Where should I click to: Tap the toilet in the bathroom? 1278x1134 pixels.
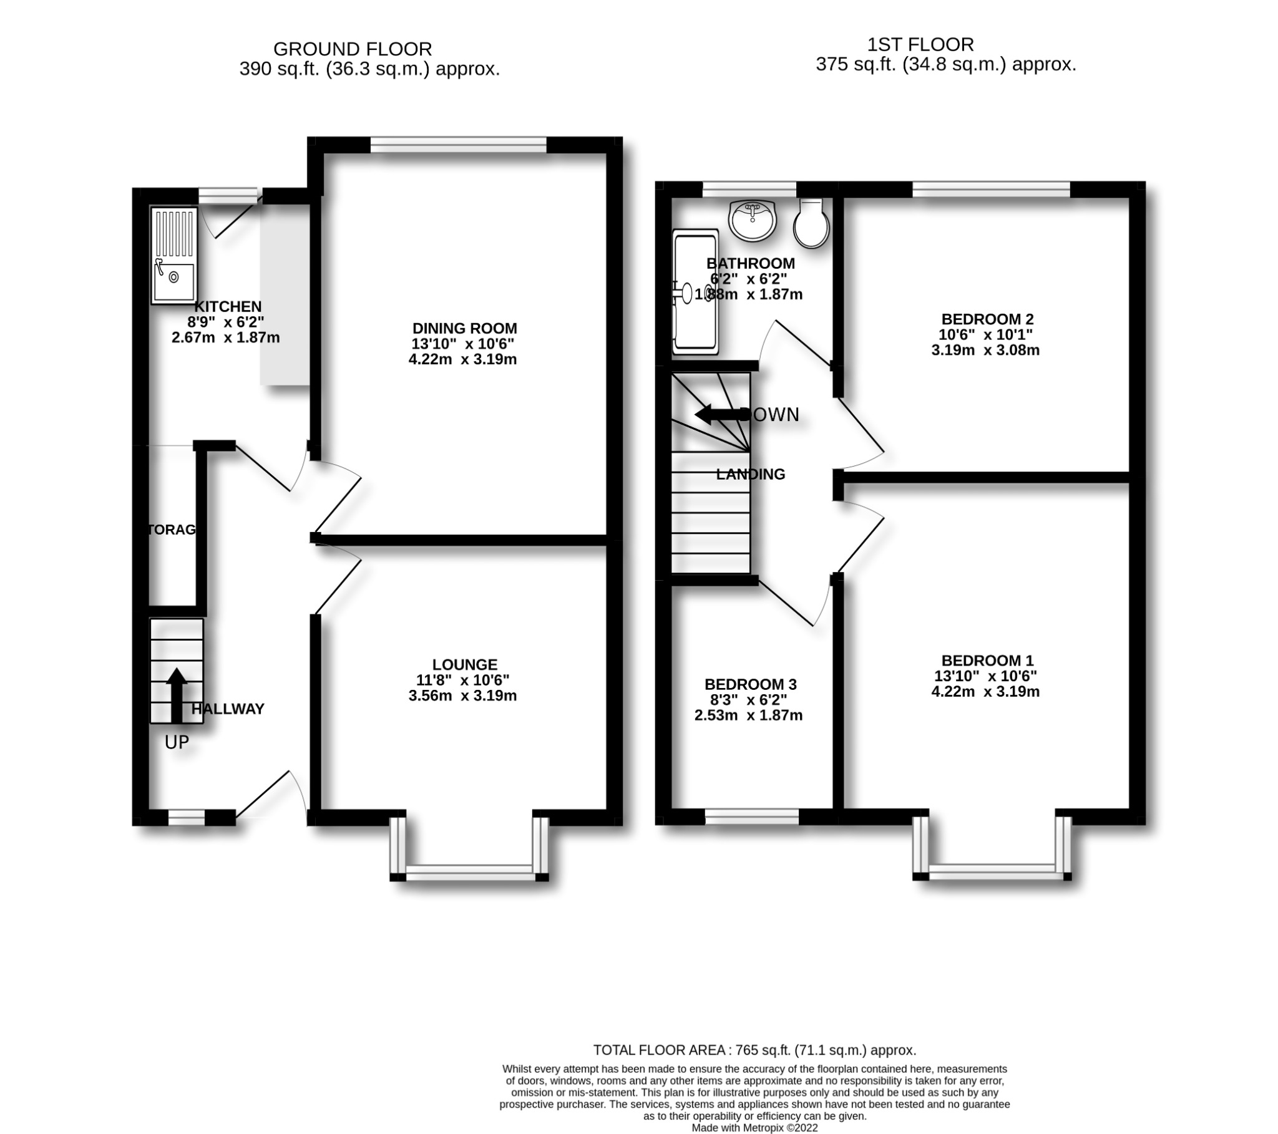point(811,224)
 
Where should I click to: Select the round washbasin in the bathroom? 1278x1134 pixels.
point(753,220)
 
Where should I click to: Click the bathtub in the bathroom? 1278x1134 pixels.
point(695,293)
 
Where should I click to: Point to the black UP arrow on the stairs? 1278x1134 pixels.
point(177,694)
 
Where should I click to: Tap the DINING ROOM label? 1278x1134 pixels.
point(464,328)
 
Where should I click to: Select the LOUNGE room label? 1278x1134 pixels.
point(464,664)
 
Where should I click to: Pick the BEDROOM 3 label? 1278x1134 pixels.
point(750,684)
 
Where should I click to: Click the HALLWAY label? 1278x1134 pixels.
point(228,709)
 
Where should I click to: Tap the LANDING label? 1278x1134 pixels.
point(750,475)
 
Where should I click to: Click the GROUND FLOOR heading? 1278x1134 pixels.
point(353,49)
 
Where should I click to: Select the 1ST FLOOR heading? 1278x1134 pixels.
point(920,44)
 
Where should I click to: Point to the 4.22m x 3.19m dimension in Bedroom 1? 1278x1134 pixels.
point(985,691)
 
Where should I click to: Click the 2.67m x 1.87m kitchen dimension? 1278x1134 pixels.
point(226,338)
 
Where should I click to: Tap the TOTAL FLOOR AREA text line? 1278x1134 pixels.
point(754,1050)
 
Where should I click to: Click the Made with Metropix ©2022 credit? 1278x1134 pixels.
point(754,1128)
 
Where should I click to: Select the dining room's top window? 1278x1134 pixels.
point(458,145)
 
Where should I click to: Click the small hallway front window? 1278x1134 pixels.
point(187,818)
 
